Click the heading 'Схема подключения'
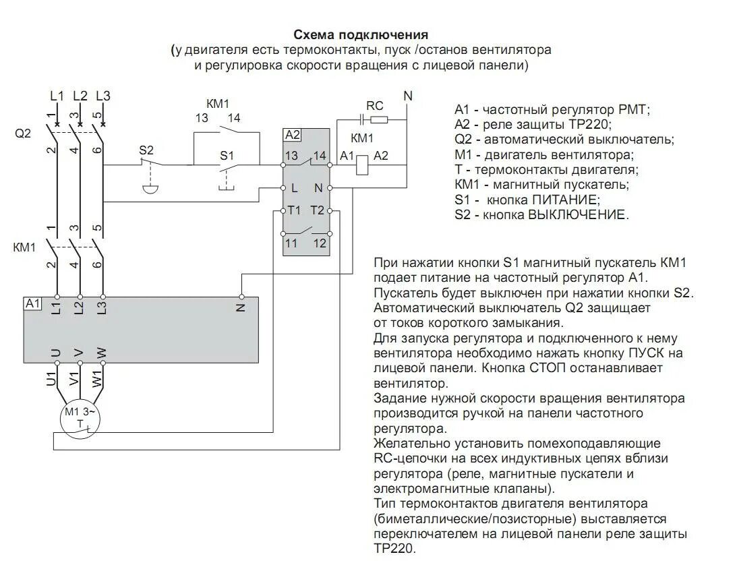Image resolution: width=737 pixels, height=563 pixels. (x=361, y=34)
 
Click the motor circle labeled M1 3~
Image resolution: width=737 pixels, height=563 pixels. (x=80, y=419)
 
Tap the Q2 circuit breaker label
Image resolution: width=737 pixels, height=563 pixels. (x=23, y=134)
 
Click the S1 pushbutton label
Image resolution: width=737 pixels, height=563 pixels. (x=226, y=155)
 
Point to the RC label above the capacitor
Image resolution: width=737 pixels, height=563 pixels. (x=374, y=106)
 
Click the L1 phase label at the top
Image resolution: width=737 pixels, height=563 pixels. (x=57, y=96)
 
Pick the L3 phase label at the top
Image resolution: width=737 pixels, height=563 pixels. (x=102, y=96)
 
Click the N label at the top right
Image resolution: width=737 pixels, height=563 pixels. (x=407, y=96)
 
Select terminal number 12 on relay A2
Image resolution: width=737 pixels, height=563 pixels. (x=320, y=243)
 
